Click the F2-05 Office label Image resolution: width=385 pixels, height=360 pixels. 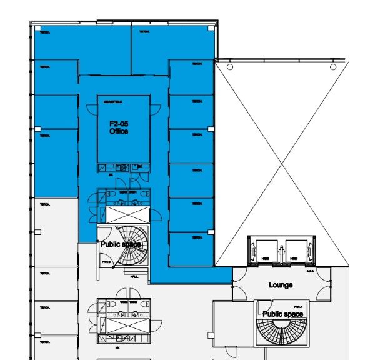[x=119, y=128]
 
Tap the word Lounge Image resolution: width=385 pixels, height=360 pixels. [x=281, y=285]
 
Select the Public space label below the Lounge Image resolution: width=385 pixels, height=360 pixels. [x=282, y=314]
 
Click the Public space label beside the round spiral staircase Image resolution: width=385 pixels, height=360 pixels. [x=121, y=244]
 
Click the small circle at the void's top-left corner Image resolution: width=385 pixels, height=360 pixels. [x=230, y=67]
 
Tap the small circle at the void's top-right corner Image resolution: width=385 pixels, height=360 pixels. [x=334, y=67]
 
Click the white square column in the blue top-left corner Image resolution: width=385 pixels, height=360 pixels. [x=37, y=29]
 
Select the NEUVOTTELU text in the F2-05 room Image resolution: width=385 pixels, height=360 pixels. [x=113, y=101]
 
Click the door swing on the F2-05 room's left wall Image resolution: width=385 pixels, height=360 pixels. [x=92, y=111]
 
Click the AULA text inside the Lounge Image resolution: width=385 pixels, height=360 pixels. [x=309, y=272]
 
